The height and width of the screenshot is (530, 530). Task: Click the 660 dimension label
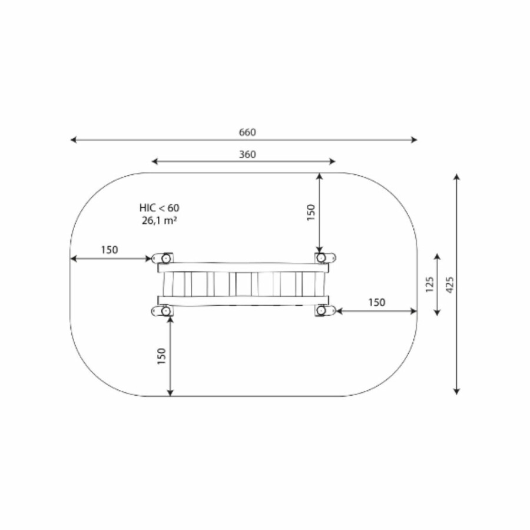pos(247,132)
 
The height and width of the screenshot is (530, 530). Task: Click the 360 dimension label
pos(247,154)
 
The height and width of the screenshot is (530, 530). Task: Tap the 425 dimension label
pos(450,284)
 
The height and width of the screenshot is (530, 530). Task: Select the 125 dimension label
pos(429,284)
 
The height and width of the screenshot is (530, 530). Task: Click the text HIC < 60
pos(159,207)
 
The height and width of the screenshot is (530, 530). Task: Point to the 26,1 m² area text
pos(159,220)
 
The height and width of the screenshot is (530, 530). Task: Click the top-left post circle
pos(166,259)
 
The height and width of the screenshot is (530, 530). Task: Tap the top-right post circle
pos(321,258)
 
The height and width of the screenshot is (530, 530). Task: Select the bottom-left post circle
pos(166,310)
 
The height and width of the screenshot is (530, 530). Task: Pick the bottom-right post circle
pos(321,310)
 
